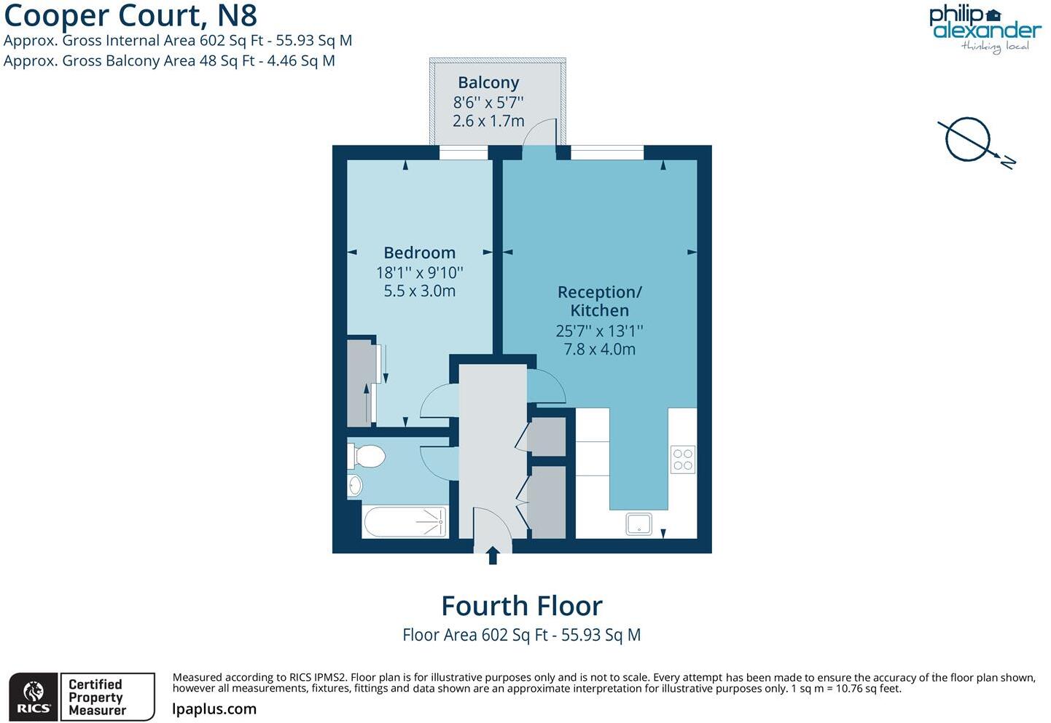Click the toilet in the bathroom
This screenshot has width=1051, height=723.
pyautogui.click(x=367, y=457)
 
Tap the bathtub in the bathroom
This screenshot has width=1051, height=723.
pyautogui.click(x=405, y=521)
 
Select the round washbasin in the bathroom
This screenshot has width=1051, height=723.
pyautogui.click(x=355, y=485)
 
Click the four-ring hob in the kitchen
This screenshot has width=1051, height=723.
pyautogui.click(x=683, y=459)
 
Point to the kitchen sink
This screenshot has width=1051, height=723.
pyautogui.click(x=639, y=524)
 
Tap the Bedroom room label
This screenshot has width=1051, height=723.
pyautogui.click(x=419, y=253)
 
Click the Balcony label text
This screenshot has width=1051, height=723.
pyautogui.click(x=488, y=83)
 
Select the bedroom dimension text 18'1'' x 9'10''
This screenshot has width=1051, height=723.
pyautogui.click(x=419, y=272)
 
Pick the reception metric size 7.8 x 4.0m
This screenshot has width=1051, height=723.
pyautogui.click(x=599, y=349)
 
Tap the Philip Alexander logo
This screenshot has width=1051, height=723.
pyautogui.click(x=984, y=28)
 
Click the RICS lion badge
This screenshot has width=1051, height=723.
pyautogui.click(x=34, y=697)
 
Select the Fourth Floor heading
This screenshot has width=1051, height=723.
pyautogui.click(x=522, y=606)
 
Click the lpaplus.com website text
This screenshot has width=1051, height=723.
pyautogui.click(x=214, y=708)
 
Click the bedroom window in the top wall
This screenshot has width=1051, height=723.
pyautogui.click(x=464, y=153)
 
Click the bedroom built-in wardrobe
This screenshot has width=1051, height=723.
pyautogui.click(x=360, y=382)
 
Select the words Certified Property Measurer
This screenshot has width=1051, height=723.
pyautogui.click(x=97, y=697)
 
